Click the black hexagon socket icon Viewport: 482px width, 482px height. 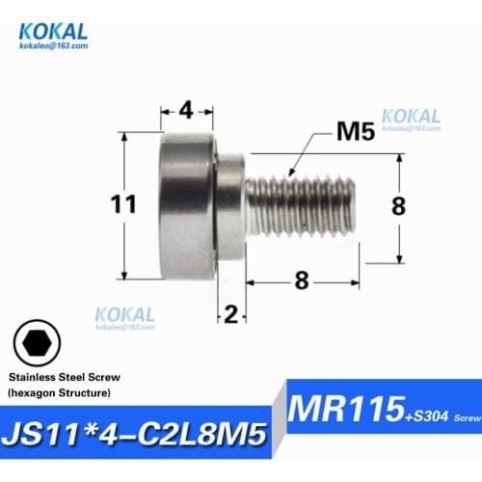(37, 342)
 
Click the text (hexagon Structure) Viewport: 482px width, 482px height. (60, 395)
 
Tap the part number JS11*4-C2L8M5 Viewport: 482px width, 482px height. (141, 431)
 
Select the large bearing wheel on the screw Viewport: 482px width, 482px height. (188, 204)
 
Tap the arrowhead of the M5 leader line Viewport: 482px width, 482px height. (292, 174)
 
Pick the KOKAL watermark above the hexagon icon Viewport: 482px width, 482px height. (124, 315)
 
